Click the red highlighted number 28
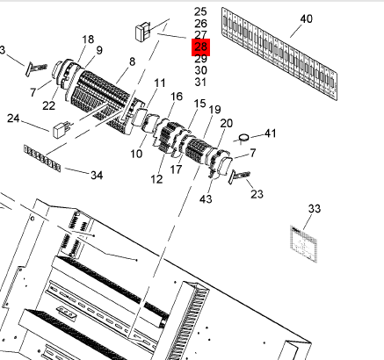click(200, 47)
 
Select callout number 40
click(307, 19)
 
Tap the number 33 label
click(315, 209)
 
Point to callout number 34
click(97, 176)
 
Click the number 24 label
click(13, 119)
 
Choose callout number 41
click(270, 133)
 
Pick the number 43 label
click(206, 199)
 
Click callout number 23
click(257, 194)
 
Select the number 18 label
click(88, 40)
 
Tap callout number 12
click(156, 179)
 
